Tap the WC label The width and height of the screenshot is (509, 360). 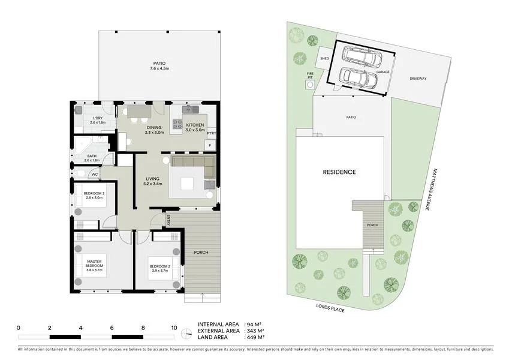tap(95, 175)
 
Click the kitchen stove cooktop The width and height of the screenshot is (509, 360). tap(178, 124)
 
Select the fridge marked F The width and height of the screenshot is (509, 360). tap(210, 145)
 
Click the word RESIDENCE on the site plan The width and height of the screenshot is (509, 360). tap(339, 172)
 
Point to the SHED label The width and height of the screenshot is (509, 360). tap(324, 59)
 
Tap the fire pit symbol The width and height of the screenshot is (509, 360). tap(310, 85)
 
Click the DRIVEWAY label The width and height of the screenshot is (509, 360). tap(418, 79)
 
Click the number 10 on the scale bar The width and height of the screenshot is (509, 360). tap(174, 328)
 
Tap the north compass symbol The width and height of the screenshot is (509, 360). tap(187, 331)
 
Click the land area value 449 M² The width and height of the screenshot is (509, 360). tap(257, 338)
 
